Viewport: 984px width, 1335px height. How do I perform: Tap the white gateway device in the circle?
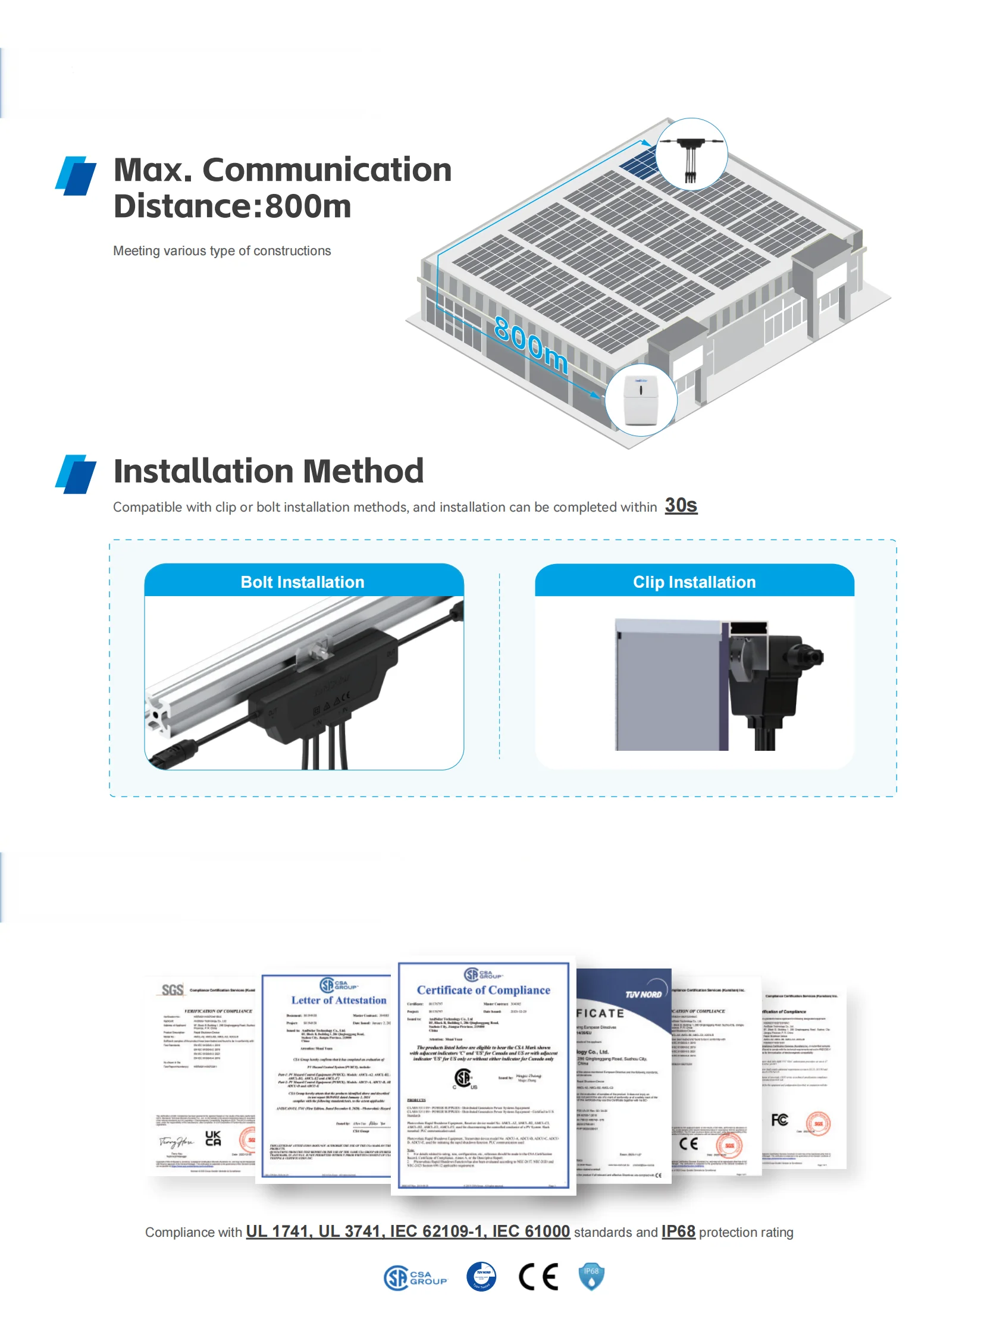click(x=640, y=400)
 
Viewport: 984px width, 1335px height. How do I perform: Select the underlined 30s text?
click(x=681, y=505)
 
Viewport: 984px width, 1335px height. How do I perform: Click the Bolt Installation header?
click(x=303, y=582)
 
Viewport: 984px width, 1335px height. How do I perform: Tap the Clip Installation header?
click(x=694, y=582)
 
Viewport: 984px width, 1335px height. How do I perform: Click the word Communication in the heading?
click(x=327, y=170)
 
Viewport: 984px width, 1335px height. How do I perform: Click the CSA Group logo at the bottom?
click(x=415, y=1277)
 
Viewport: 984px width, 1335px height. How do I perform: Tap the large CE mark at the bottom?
click(x=538, y=1277)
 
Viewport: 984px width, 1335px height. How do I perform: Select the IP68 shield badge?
click(x=591, y=1277)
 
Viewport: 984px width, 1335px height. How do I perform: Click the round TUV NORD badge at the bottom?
click(x=481, y=1277)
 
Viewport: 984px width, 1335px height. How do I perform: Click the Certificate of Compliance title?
click(x=483, y=990)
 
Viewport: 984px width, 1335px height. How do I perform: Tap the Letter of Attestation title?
click(x=339, y=1000)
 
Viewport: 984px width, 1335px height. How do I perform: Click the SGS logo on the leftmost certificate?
click(x=172, y=990)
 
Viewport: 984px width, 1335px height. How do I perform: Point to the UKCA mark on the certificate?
click(x=212, y=1139)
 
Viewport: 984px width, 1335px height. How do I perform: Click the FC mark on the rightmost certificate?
click(x=779, y=1120)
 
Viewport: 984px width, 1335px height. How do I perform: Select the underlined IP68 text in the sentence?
click(x=678, y=1231)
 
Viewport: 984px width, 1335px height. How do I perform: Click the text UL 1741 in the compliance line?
click(x=278, y=1231)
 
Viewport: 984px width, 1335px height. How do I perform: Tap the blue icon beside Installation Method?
click(x=76, y=474)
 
